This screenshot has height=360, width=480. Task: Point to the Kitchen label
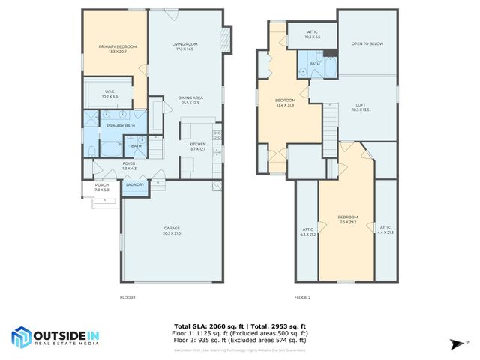pyautogui.click(x=197, y=146)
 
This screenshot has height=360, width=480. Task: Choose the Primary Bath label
pyautogui.click(x=120, y=125)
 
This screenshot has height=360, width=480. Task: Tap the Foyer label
pyautogui.click(x=129, y=166)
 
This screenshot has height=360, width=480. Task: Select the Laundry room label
pyautogui.click(x=136, y=184)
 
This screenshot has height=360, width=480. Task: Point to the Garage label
pyautogui.click(x=172, y=230)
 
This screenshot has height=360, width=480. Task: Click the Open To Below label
pyautogui.click(x=367, y=43)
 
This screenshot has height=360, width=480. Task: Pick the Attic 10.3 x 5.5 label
pyautogui.click(x=313, y=34)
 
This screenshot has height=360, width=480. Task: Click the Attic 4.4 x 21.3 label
pyautogui.click(x=385, y=229)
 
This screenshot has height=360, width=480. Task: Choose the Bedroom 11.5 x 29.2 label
pyautogui.click(x=348, y=219)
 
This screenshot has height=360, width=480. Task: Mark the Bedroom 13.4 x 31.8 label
pyautogui.click(x=286, y=102)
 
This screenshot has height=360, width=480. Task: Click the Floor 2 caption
pyautogui.click(x=302, y=298)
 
